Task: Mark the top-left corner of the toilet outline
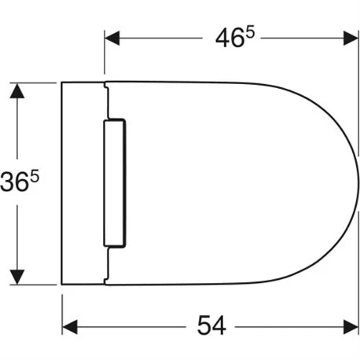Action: [x=62, y=82]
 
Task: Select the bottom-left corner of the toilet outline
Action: [x=62, y=284]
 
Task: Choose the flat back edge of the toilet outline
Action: [x=62, y=182]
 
